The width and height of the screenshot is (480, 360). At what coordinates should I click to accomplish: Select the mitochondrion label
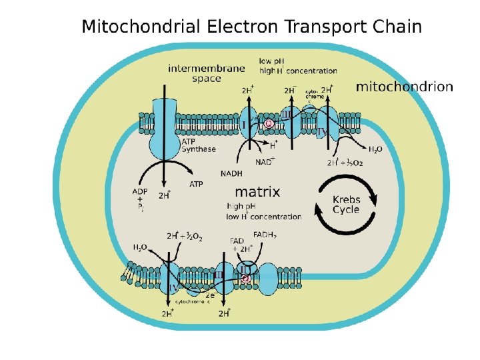tap(404, 87)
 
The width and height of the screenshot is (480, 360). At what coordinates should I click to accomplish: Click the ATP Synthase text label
tap(199, 145)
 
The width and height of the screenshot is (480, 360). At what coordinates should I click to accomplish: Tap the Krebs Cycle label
tap(346, 204)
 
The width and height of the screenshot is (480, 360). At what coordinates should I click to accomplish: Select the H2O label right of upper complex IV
tap(375, 149)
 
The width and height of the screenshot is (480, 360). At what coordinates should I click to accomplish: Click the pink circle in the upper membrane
tap(269, 123)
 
